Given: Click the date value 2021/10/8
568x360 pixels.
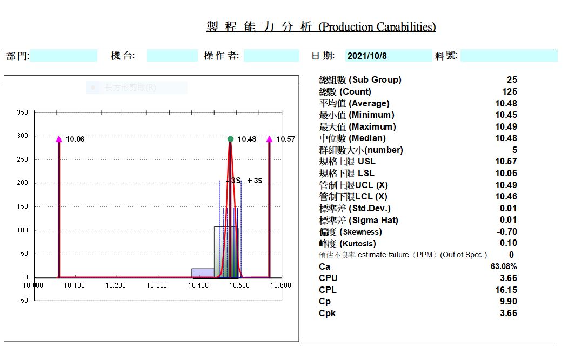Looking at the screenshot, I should point(367,56).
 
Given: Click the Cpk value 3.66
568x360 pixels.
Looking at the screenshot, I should point(508,314).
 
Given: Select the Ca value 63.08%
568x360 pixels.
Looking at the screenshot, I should point(504,266).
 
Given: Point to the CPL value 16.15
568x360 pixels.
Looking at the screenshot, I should point(506,290).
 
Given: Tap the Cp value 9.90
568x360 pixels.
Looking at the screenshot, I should point(508,302).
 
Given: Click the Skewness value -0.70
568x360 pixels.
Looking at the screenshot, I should point(506,231).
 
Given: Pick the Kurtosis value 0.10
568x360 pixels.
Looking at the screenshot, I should point(508,243).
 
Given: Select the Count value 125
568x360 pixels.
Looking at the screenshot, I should point(509,91).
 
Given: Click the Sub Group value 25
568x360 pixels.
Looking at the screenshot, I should point(512,80).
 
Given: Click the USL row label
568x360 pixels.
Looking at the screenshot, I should point(347,162).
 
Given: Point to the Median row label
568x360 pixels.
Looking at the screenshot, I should point(352,138).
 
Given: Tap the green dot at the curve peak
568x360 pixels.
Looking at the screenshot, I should point(231,139).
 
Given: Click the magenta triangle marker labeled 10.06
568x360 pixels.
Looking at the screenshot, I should point(59,139).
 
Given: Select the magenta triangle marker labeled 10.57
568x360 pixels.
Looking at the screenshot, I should point(270,139).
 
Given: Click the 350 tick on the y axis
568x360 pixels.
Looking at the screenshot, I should point(23,112).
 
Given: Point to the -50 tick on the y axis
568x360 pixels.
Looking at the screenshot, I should point(22,301).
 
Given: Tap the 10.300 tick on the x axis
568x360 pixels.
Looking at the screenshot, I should point(157,285).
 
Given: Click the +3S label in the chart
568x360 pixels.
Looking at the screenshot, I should point(255,181).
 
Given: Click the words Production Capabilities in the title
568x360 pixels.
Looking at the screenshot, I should point(377,27).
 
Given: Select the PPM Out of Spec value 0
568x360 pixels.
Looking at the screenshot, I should point(511,255).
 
